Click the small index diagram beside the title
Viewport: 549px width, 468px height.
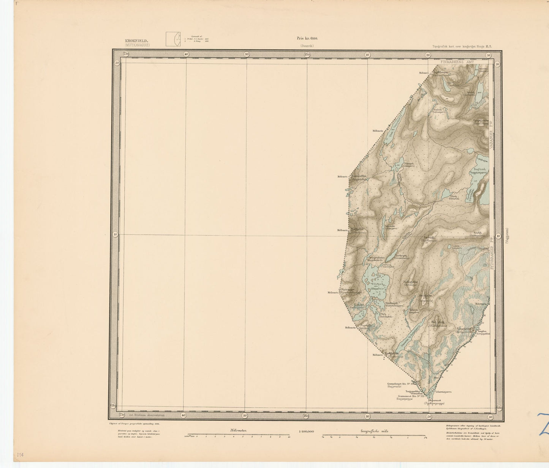point(172,38)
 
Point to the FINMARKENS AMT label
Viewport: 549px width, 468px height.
point(457,61)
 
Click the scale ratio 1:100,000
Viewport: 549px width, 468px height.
point(306,431)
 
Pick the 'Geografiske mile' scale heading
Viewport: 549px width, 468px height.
point(374,431)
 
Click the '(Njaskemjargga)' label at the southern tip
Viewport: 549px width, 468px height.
point(434,404)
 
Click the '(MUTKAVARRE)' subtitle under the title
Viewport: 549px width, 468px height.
point(137,45)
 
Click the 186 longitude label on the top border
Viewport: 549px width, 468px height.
point(307,55)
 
